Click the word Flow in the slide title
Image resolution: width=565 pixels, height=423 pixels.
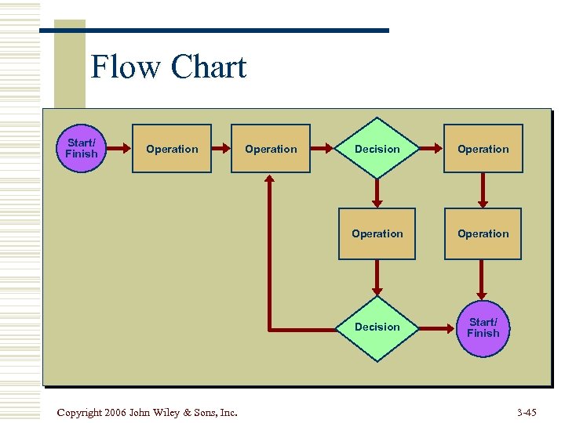(126, 67)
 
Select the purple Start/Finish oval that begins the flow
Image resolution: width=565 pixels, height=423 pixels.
(82, 148)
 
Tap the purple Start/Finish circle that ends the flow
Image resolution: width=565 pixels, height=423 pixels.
(483, 327)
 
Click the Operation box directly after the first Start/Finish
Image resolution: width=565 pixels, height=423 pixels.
(172, 149)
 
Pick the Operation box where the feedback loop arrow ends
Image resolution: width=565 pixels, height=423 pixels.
(271, 149)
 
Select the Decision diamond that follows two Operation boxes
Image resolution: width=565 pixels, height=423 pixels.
(377, 149)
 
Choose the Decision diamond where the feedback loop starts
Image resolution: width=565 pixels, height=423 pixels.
(377, 327)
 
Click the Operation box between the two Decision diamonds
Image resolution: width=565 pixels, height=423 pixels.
(377, 233)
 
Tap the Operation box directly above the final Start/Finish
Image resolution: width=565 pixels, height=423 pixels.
(483, 233)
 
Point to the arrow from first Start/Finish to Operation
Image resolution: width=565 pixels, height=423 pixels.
(118, 148)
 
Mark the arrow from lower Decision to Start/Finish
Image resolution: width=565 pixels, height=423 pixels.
(439, 327)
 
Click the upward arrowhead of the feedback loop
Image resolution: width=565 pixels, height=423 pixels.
(270, 181)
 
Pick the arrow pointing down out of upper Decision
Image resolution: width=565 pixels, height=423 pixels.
(377, 191)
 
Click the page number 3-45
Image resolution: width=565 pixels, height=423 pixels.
(527, 412)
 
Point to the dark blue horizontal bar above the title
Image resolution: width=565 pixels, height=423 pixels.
(235, 31)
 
